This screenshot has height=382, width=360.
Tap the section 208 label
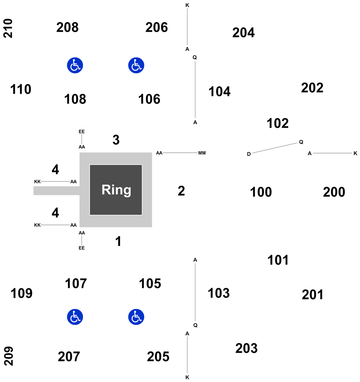pyautogui.click(x=68, y=27)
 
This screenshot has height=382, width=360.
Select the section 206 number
pyautogui.click(x=157, y=27)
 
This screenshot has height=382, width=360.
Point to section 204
pyautogui.click(x=244, y=32)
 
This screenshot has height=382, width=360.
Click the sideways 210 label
pyautogui.click(x=8, y=28)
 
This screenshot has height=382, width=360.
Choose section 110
pyautogui.click(x=21, y=89)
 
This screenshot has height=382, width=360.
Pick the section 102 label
pyautogui.click(x=278, y=123)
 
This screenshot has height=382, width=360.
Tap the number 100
pyautogui.click(x=261, y=192)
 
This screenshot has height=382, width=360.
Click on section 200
pyautogui.click(x=334, y=192)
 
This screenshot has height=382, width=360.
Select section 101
pyautogui.click(x=278, y=260)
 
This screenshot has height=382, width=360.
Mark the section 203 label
pyautogui.click(x=247, y=348)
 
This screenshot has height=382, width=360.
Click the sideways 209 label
pyautogui.click(x=9, y=356)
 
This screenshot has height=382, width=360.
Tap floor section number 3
pyautogui.click(x=116, y=140)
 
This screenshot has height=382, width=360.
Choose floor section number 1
pyautogui.click(x=118, y=241)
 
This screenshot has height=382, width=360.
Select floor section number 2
pyautogui.click(x=181, y=191)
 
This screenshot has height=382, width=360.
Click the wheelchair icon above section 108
pyautogui.click(x=75, y=65)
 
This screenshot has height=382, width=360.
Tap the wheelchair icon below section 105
pyautogui.click(x=136, y=317)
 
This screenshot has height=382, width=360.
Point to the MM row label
pyautogui.click(x=202, y=153)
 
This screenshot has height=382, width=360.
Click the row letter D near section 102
pyautogui.click(x=249, y=154)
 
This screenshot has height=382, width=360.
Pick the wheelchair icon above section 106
pyautogui.click(x=136, y=65)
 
